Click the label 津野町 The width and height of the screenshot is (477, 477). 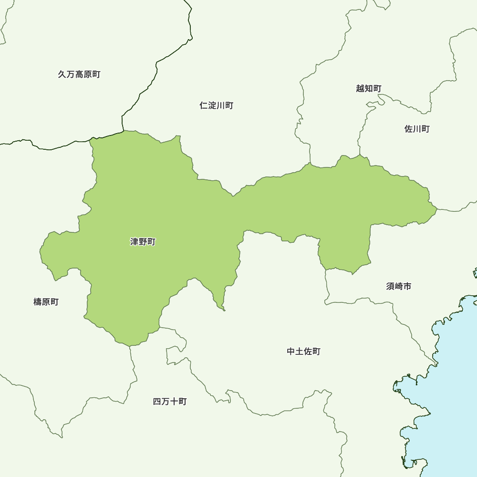tap(143, 242)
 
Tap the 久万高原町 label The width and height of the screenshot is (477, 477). tap(79, 74)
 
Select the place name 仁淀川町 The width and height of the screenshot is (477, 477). tap(216, 105)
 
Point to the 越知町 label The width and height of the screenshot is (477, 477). tap(369, 88)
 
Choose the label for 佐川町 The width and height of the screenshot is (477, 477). tap(417, 129)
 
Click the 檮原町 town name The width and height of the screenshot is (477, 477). tap(46, 302)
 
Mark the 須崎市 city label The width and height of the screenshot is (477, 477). tap(399, 286)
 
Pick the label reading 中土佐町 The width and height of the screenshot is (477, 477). tap(304, 352)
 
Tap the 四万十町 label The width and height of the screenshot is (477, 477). tap(170, 402)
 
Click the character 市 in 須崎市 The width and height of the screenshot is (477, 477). tap(407, 286)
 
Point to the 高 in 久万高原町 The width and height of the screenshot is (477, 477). tap(79, 74)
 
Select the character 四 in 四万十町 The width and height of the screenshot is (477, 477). tap(157, 402)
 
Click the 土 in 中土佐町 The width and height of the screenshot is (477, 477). tap(300, 352)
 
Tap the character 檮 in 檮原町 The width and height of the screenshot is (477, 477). tap(38, 302)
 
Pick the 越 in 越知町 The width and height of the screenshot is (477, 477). tap(360, 88)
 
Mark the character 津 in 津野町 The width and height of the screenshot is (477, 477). tap(135, 242)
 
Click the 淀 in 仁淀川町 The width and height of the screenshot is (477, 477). tap(212, 105)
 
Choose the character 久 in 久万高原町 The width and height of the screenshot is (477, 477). tap(62, 74)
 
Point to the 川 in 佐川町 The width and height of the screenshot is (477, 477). tap(417, 129)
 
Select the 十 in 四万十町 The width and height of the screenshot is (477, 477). tap(174, 402)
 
